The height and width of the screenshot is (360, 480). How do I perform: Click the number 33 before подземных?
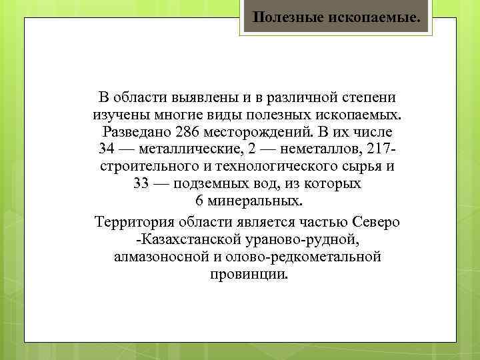tap(141, 183)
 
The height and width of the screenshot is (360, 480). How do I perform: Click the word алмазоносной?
tap(163, 257)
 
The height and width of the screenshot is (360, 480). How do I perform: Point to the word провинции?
tap(248, 274)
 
